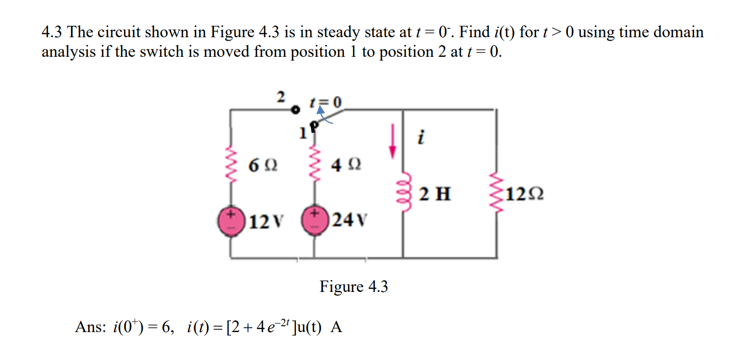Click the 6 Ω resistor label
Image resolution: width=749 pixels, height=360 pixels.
point(263,166)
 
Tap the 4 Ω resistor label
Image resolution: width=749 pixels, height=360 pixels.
point(346,165)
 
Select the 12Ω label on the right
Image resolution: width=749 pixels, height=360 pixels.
point(523,194)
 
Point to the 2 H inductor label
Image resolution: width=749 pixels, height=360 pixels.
point(435,194)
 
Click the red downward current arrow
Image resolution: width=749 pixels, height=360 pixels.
point(392,142)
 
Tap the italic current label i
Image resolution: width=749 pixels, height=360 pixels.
point(420,138)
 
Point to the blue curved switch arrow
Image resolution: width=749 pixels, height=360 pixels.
point(323,117)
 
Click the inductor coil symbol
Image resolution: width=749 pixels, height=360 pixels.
point(402,186)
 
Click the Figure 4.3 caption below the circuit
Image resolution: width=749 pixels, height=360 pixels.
point(353,287)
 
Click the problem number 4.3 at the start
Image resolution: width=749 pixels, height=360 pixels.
point(52,32)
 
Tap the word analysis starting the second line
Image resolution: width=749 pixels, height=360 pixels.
point(69,52)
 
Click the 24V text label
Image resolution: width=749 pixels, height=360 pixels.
point(350,221)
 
